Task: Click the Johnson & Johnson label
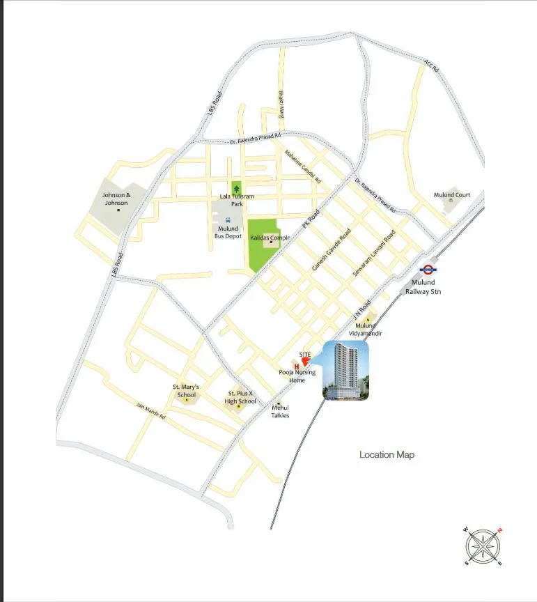click(116, 199)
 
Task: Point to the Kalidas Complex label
click(270, 238)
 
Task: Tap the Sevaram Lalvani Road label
click(373, 254)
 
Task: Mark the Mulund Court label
click(452, 195)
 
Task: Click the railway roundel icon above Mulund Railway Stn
click(427, 270)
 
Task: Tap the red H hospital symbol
click(297, 366)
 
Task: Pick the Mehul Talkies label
click(280, 412)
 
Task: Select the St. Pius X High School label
click(240, 397)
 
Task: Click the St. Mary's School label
click(186, 391)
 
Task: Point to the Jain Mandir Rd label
click(150, 412)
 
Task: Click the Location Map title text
click(387, 455)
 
